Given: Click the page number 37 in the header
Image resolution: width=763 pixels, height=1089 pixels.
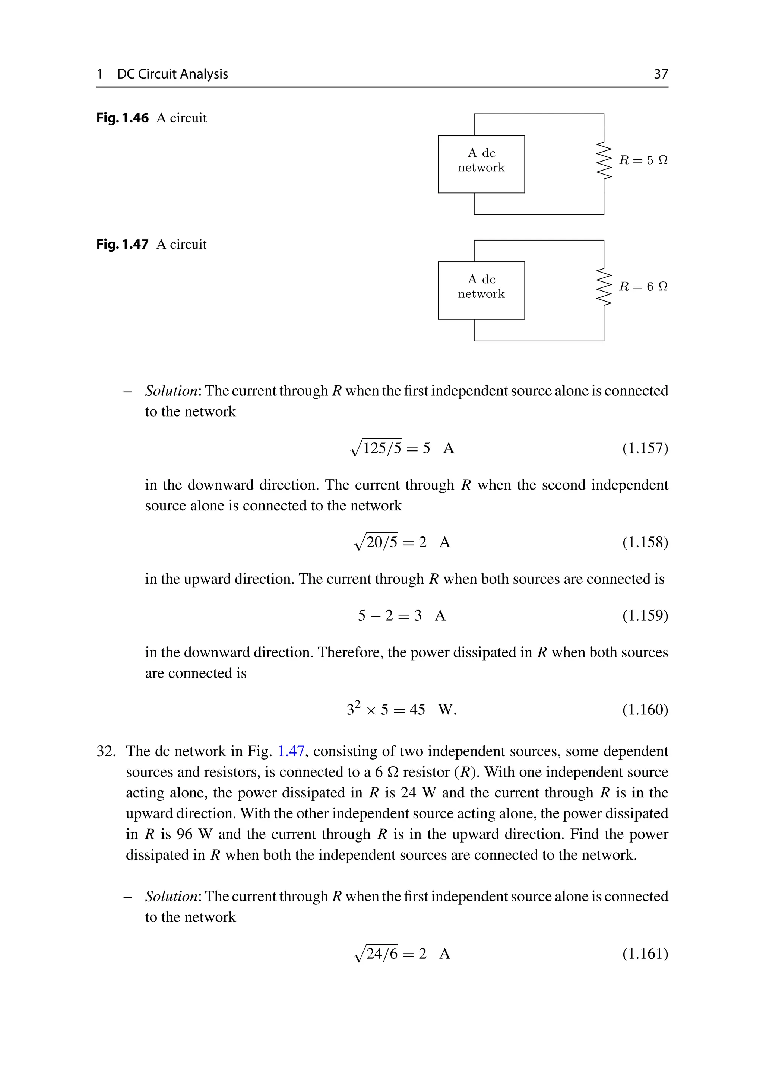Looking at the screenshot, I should [661, 74].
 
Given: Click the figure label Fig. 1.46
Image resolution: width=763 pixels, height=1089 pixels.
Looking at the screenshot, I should [123, 118].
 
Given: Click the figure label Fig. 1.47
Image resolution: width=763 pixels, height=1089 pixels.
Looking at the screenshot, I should [123, 244].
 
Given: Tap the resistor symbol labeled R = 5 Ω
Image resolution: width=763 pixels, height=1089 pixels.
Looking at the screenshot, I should [604, 160].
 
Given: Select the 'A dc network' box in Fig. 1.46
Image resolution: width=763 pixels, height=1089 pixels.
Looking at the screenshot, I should [481, 164].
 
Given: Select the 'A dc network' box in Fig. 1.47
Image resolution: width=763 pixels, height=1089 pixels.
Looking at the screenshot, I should [481, 290].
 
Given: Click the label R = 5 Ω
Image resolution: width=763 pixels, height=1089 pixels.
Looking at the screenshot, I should [643, 160].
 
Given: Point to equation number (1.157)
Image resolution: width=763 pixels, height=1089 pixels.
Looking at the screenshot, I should [645, 448].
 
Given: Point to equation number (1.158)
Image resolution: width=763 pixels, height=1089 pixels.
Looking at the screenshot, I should [645, 542].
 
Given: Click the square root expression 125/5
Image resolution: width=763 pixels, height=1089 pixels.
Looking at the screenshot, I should [377, 448].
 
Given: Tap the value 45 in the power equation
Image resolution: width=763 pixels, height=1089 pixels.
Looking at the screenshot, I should [417, 710].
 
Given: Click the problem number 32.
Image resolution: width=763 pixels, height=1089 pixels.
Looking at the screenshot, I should [106, 751].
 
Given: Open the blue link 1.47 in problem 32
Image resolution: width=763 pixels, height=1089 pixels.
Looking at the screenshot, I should [290, 751].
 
